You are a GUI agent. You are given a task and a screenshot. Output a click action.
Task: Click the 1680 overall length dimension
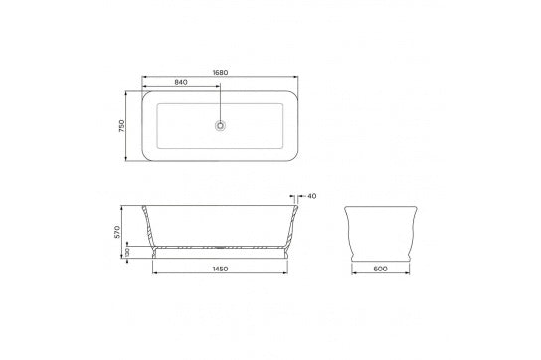click(x=221, y=72)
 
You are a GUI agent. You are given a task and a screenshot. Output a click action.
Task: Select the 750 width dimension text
click(x=120, y=126)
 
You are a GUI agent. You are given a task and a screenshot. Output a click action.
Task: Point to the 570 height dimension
click(x=116, y=232)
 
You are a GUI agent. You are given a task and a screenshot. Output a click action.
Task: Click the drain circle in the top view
click(x=221, y=125)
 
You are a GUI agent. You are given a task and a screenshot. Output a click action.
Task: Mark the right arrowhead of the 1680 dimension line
click(x=298, y=77)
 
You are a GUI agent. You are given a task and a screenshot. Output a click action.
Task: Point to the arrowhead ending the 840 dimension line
click(x=219, y=88)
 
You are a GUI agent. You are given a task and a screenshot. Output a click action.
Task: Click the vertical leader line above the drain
click(x=221, y=103)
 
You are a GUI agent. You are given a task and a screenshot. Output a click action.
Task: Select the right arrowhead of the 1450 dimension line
click(x=287, y=266)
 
